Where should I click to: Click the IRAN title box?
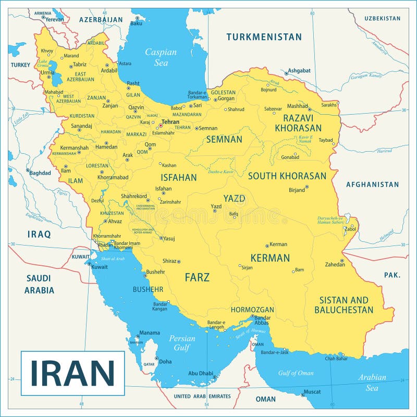(72, 373)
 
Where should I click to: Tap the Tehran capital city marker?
(160, 126)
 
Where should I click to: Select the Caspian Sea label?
(161, 57)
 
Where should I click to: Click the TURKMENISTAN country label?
(264, 37)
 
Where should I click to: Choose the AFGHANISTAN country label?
(372, 185)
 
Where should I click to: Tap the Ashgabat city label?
(299, 70)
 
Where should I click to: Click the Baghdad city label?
(40, 173)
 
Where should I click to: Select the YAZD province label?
(234, 199)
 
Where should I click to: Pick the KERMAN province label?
(269, 258)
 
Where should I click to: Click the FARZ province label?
(197, 277)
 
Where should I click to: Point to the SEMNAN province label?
(224, 140)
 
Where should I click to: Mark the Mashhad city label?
(298, 106)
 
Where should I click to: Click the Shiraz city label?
(169, 261)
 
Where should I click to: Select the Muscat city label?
(312, 391)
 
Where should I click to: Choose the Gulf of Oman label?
(296, 373)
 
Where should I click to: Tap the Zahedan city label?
(335, 264)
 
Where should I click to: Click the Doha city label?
(165, 361)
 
